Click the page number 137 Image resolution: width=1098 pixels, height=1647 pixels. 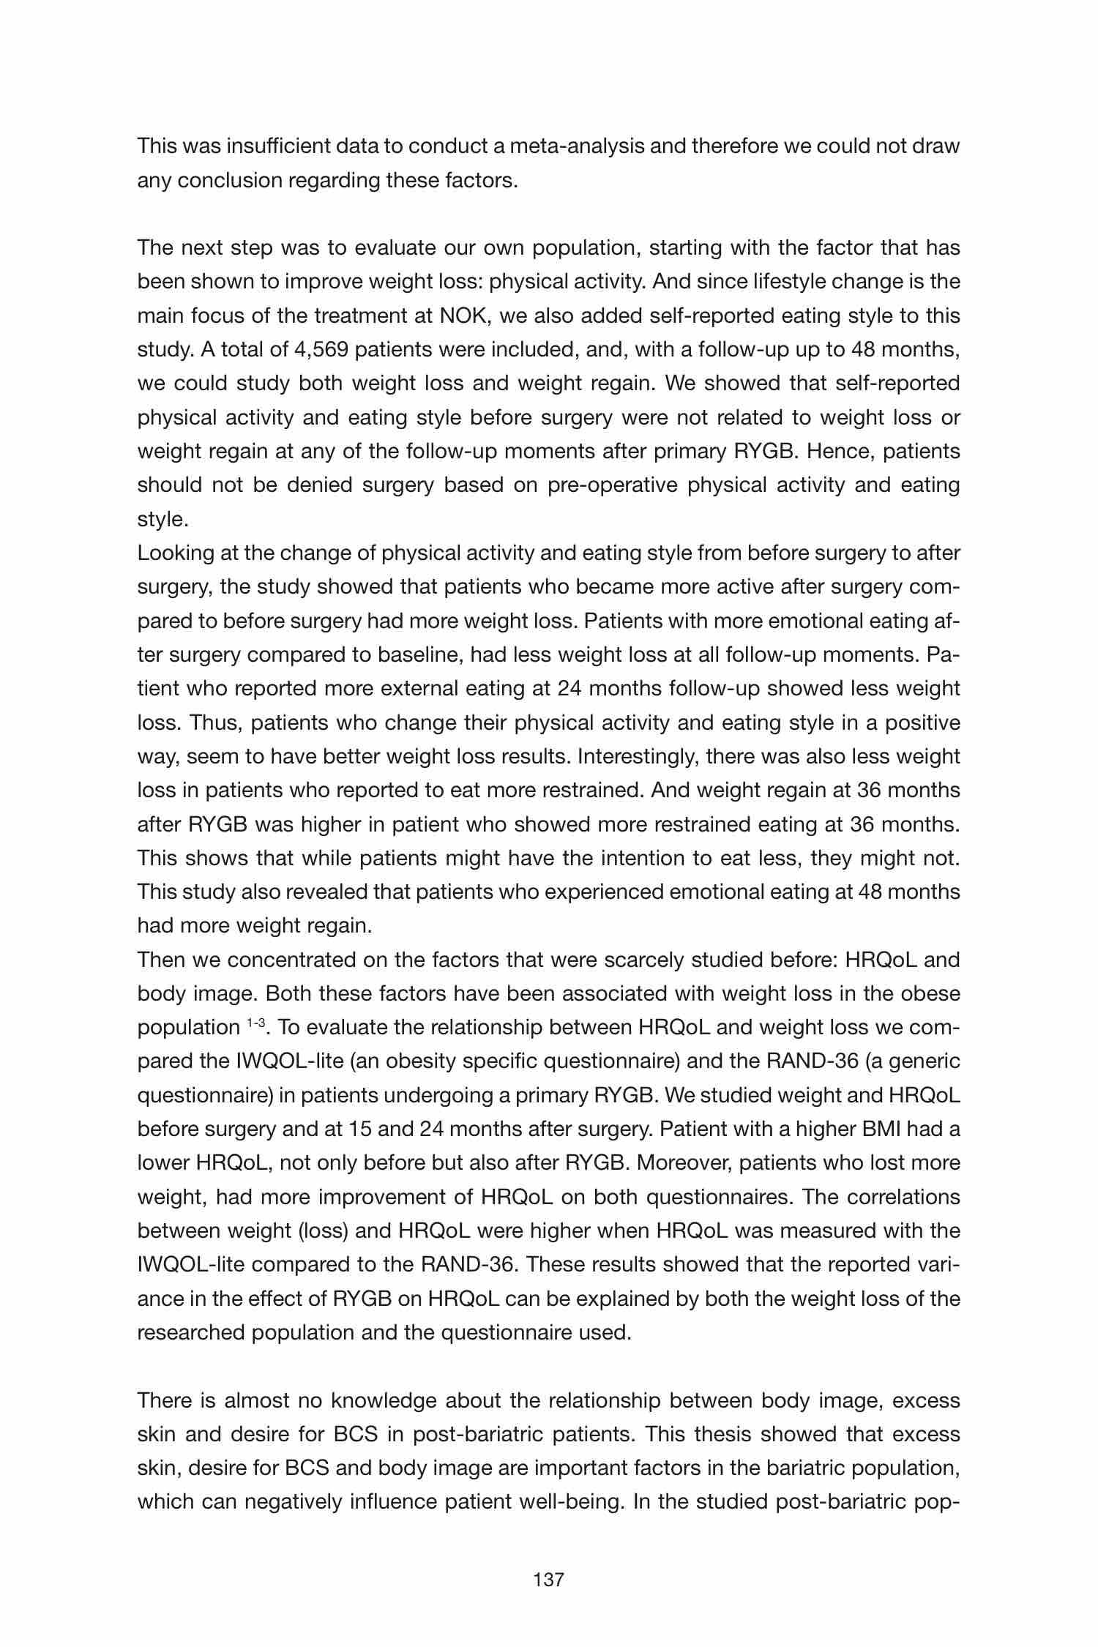(549, 1580)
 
